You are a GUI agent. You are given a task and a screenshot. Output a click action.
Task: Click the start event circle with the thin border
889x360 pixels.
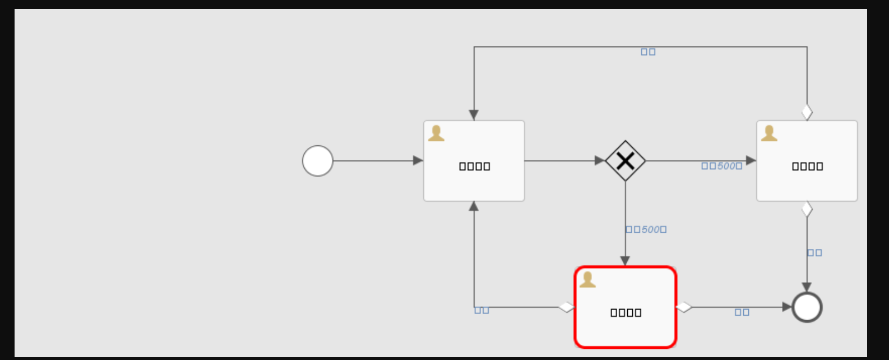tap(318, 161)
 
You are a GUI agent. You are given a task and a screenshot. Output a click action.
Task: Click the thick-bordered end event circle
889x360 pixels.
tap(807, 307)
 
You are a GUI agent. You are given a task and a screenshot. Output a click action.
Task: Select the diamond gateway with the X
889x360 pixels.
tap(626, 161)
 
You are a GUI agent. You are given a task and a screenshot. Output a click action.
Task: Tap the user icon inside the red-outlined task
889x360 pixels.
tap(587, 279)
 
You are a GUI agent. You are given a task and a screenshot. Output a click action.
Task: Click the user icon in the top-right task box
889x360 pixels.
tap(769, 133)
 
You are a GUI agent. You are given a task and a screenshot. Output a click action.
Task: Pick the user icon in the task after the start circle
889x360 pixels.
tap(436, 133)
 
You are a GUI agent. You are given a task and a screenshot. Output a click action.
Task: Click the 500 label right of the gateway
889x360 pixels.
tap(722, 166)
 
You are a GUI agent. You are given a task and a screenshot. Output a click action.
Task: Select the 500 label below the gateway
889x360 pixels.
tap(646, 229)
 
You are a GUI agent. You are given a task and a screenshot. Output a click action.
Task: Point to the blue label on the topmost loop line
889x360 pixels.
tap(648, 52)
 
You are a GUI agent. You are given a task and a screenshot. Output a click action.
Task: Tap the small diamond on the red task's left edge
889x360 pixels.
tap(566, 307)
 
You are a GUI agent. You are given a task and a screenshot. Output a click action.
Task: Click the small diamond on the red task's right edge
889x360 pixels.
tap(684, 307)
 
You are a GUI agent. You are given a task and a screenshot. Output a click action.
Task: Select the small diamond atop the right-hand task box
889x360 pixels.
tap(807, 112)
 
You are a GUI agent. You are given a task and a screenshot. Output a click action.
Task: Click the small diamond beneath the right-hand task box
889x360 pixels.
tap(807, 209)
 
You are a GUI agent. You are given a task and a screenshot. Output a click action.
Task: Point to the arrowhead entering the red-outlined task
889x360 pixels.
tap(626, 261)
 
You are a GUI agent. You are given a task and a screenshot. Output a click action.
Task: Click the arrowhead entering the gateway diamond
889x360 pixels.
tap(600, 161)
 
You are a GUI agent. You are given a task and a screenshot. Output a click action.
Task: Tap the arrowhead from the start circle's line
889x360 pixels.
tap(418, 161)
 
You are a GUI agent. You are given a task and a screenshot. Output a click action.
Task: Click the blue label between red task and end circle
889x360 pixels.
tap(742, 312)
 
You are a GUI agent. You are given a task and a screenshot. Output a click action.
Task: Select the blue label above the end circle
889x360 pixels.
tap(814, 253)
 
